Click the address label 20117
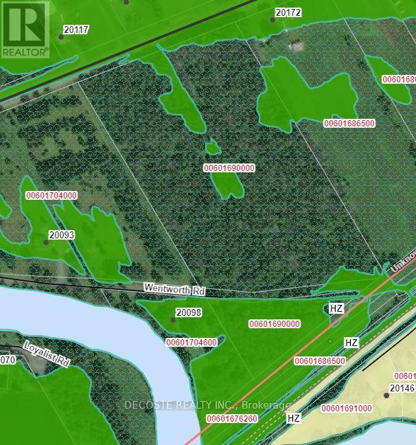[x=77, y=30]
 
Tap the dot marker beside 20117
[x=61, y=36]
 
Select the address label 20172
[x=288, y=12]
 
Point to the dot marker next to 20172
[x=273, y=19]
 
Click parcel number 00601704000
[x=51, y=196]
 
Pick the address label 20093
[x=61, y=235]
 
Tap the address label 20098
[x=188, y=312]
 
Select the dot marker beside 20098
[x=172, y=319]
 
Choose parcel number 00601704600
[x=192, y=342]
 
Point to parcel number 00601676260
[x=232, y=419]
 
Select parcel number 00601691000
[x=347, y=409]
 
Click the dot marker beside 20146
[x=386, y=395]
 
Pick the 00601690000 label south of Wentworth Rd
[x=274, y=323]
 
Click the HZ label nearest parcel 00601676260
[x=294, y=418]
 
